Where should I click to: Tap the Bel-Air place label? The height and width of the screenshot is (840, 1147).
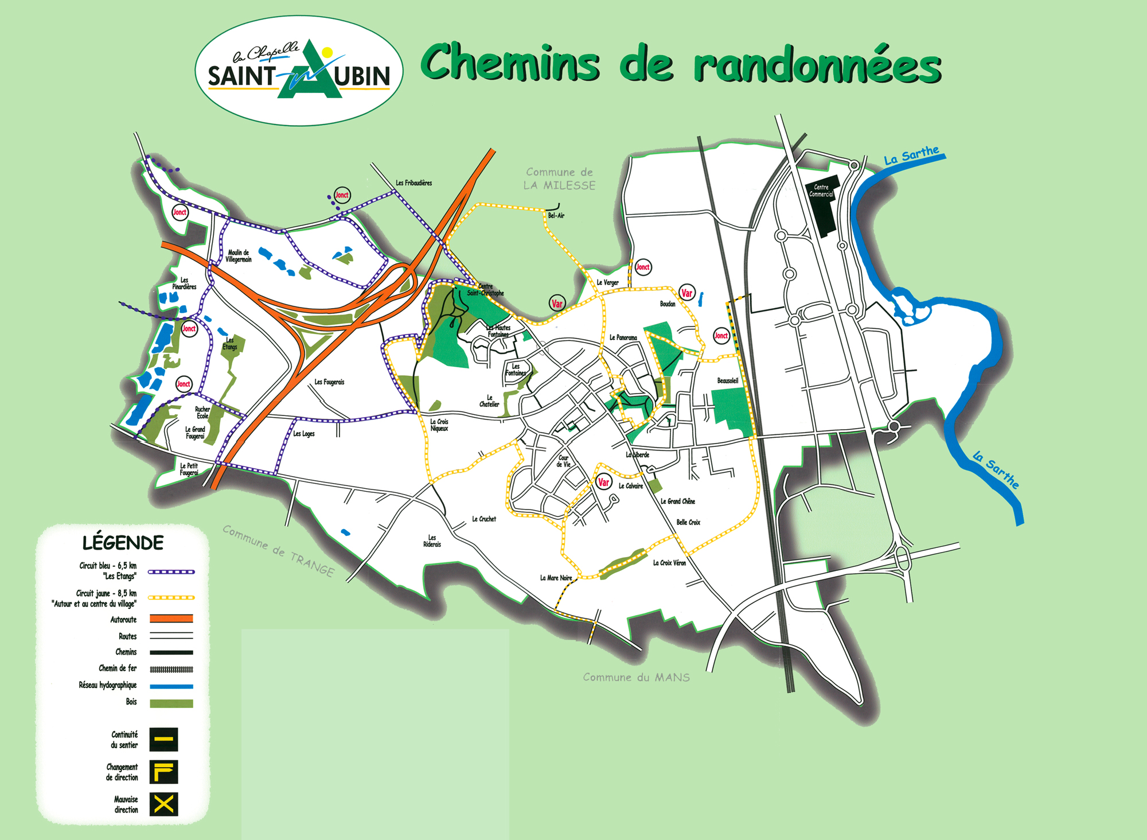(556, 216)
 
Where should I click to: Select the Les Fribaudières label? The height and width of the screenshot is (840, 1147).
(413, 183)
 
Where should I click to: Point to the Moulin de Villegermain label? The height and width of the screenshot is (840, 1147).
(239, 256)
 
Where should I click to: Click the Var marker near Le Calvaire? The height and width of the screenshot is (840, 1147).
(603, 483)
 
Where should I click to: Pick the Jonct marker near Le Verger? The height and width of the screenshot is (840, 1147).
(643, 267)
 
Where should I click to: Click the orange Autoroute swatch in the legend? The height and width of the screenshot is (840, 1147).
(171, 619)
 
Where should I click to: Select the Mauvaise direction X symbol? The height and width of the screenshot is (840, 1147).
(164, 804)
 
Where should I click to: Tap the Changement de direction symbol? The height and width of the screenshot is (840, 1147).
(164, 772)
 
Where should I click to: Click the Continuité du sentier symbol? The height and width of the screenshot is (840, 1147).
(164, 740)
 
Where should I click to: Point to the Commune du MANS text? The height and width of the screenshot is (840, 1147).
(636, 678)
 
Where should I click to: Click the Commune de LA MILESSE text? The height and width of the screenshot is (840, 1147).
(559, 178)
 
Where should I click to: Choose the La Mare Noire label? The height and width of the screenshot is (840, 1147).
(556, 578)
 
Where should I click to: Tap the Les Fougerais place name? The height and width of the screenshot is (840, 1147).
(329, 382)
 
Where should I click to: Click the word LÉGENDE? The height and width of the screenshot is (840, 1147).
(123, 543)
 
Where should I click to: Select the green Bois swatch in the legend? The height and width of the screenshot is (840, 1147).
(171, 703)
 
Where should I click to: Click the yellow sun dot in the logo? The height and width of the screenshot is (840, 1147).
(327, 53)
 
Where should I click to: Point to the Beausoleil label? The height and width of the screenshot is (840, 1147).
(727, 380)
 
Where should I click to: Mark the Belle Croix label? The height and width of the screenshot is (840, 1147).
(688, 522)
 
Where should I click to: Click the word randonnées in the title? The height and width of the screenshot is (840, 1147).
(817, 66)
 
